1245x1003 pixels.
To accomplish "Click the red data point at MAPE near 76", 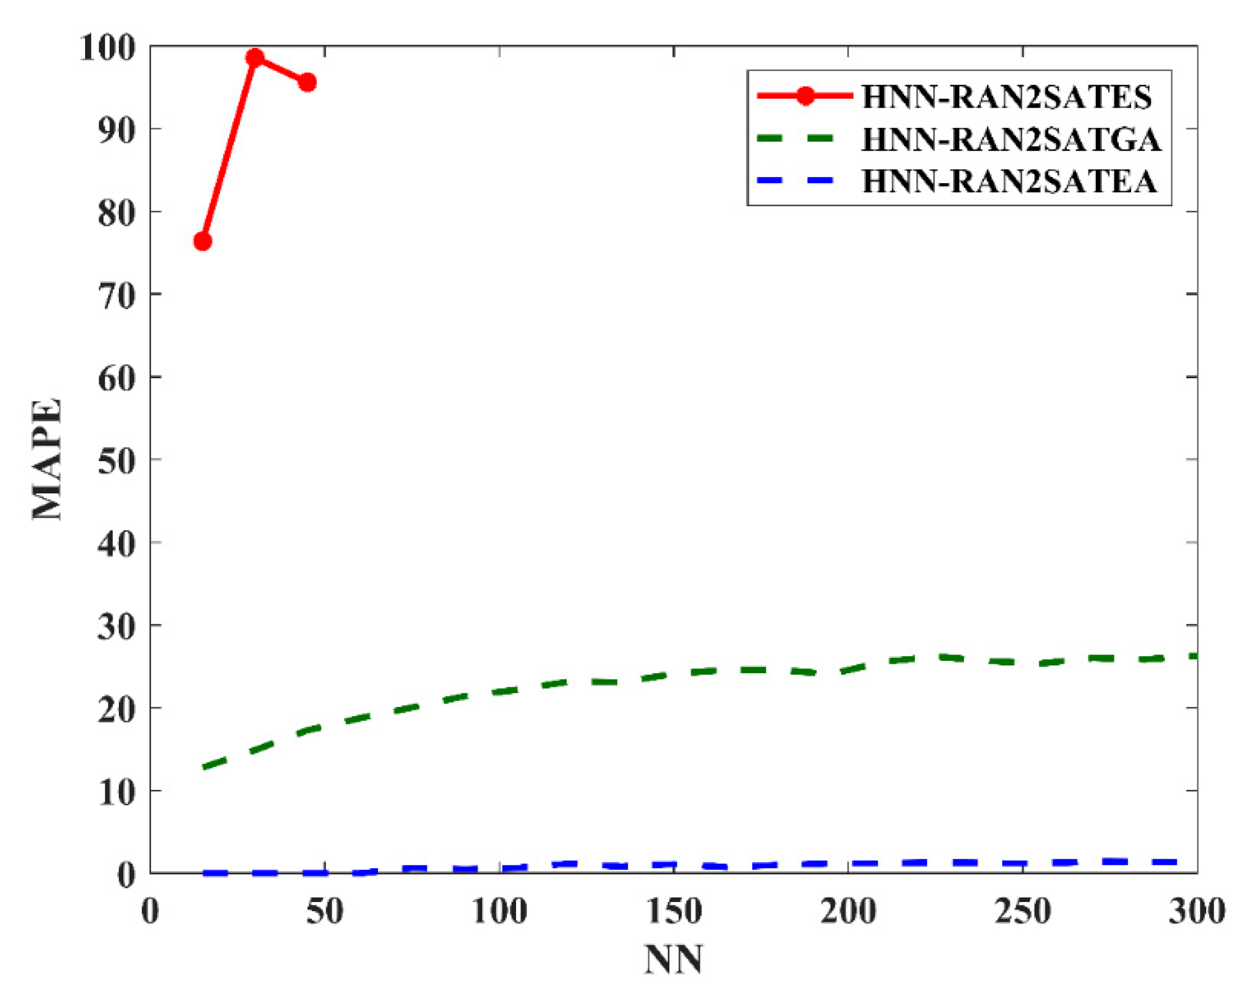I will point(202,241).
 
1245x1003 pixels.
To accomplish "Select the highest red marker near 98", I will point(255,57).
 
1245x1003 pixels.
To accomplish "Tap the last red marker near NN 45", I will point(307,83).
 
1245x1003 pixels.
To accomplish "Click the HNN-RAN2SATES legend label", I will point(1007,96).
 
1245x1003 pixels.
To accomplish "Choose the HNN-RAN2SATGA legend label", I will point(1011,139).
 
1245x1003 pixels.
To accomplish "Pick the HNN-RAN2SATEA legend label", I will point(1010,181).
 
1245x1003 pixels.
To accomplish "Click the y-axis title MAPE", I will point(47,459).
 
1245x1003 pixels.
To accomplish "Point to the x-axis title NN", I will point(673,960).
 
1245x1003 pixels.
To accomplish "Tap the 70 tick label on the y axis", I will point(116,295).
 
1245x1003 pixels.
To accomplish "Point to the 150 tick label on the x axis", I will point(673,912).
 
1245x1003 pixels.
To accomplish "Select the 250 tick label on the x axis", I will point(1022,912).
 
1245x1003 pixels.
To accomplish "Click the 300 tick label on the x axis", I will point(1197,912).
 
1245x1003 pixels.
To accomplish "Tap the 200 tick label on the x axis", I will point(848,912).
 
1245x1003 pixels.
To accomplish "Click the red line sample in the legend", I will point(805,96).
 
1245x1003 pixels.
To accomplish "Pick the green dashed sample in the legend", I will point(796,139).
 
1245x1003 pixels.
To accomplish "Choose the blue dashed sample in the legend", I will point(796,181).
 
